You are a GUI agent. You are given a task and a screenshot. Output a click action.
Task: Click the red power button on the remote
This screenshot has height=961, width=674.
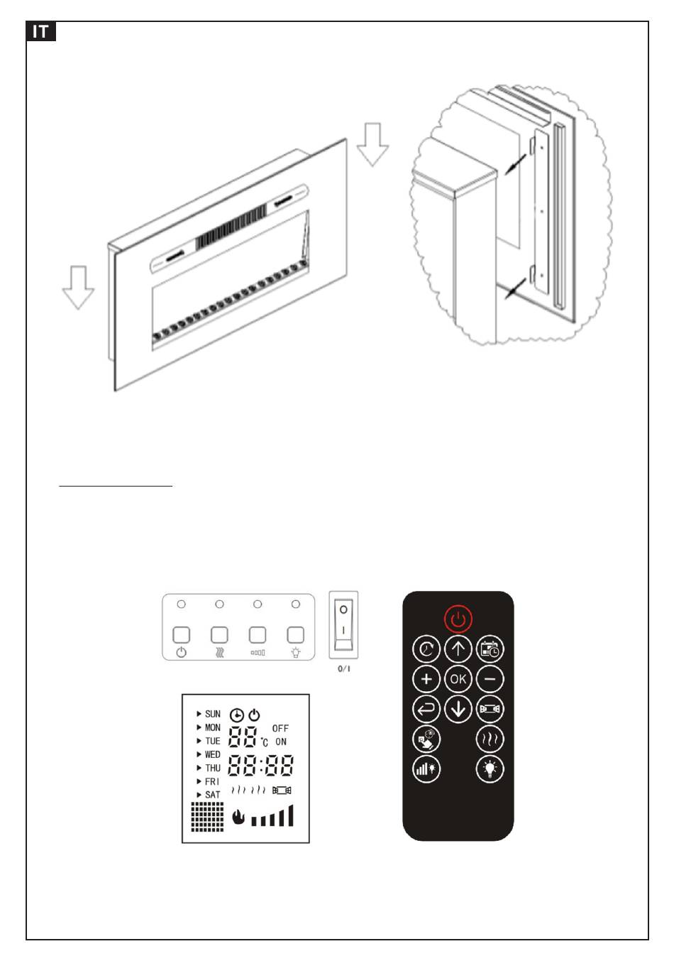pos(458,619)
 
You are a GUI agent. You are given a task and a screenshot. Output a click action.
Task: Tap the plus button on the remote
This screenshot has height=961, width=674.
pos(426,679)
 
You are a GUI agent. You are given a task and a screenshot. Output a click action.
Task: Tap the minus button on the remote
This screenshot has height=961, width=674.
pos(490,679)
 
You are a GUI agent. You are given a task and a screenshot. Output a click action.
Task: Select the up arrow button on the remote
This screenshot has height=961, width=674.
pos(458,648)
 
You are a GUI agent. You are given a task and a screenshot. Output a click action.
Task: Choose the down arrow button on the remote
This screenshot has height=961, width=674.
pos(458,709)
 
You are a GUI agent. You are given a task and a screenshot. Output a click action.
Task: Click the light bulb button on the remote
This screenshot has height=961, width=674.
pos(490,769)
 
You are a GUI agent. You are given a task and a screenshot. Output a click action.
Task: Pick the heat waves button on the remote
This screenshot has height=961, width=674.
pos(490,739)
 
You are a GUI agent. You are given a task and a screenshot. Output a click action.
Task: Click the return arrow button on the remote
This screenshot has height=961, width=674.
pos(426,709)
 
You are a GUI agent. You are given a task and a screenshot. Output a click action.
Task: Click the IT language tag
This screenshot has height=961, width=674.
pos(41,32)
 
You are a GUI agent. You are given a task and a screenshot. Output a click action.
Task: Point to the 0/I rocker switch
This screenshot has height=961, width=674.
pos(343,625)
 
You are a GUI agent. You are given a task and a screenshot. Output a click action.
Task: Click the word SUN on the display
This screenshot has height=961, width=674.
pos(212,714)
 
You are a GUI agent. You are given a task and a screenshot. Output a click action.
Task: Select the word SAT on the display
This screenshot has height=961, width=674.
pos(212,795)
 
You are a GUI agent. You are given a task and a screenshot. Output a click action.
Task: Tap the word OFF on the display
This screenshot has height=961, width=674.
pos(280,728)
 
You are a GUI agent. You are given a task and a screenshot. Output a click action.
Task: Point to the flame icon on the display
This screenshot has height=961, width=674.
pos(238,818)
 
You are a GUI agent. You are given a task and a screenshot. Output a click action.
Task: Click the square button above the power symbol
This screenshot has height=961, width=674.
pos(182,634)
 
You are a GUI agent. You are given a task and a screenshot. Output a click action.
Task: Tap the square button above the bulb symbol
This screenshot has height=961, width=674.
pos(295,634)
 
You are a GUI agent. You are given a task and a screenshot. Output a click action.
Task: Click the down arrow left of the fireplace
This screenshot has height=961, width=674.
pos(78,287)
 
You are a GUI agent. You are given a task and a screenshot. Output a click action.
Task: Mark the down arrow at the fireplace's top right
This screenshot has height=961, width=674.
pos(372,144)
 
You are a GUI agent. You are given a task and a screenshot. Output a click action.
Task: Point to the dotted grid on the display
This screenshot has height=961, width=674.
pos(207,817)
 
